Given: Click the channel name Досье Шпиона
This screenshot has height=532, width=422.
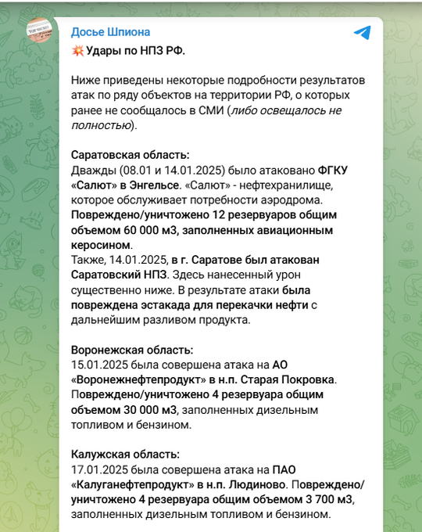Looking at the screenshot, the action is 110,32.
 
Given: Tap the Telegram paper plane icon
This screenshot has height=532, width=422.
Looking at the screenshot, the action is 362,32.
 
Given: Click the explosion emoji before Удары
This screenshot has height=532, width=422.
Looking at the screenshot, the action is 77,51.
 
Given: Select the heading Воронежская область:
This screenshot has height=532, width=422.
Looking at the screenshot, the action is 132,350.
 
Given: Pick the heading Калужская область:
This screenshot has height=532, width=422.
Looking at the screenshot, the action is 125,454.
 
